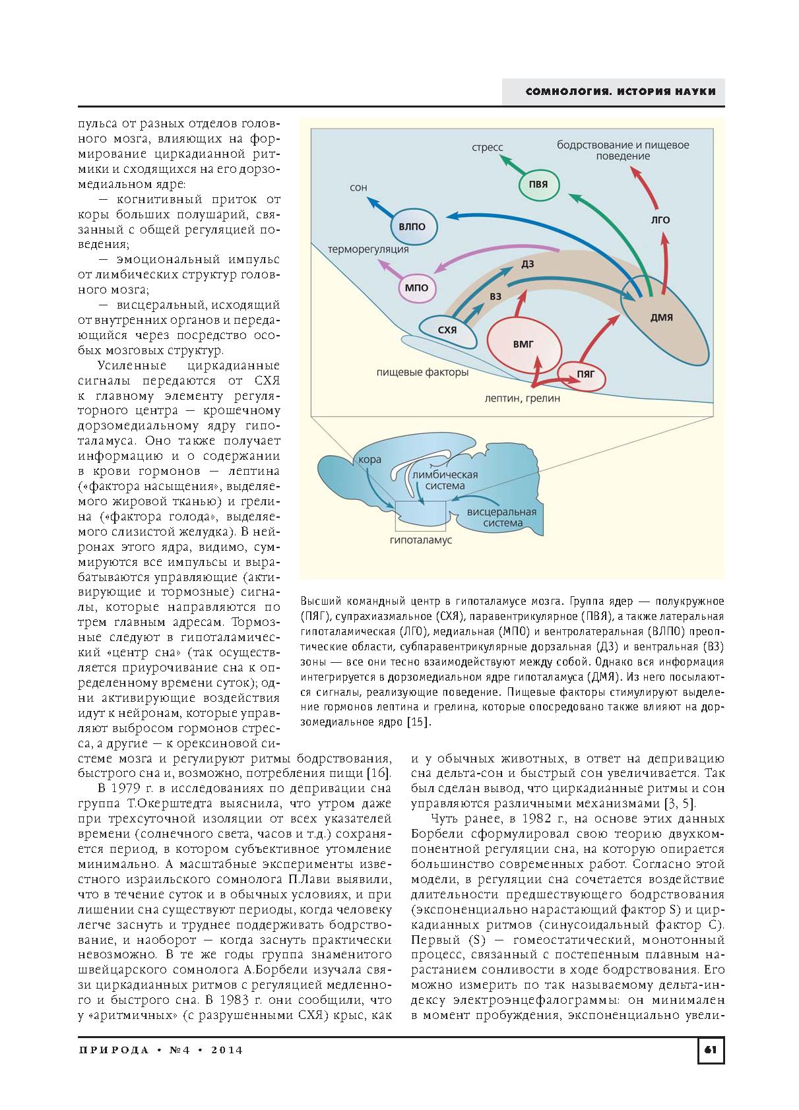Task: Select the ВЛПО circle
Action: coord(412,226)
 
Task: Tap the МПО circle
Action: coord(416,288)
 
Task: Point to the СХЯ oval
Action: coord(447,330)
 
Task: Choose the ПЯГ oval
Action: coord(586,374)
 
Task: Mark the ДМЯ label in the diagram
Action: coord(661,317)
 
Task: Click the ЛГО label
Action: coord(660,220)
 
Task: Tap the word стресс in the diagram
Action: coord(488,148)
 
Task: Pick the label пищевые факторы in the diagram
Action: coord(422,373)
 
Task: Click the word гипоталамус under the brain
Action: coord(421,540)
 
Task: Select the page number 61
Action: coord(711,1049)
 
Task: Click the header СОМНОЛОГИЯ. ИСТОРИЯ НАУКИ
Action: coord(620,92)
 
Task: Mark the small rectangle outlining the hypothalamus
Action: coord(420,515)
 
